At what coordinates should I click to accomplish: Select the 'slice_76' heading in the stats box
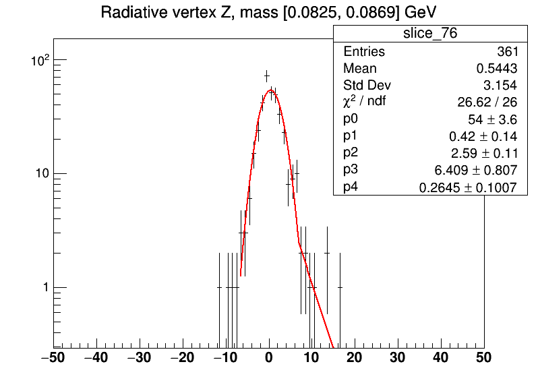(430, 33)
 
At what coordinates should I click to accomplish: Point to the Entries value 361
(508, 51)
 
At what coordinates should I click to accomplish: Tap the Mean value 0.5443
(496, 68)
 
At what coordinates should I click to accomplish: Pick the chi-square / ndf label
(364, 101)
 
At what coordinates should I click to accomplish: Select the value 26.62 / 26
(487, 102)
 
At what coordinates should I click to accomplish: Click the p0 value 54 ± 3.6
(492, 119)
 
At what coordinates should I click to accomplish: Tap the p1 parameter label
(351, 136)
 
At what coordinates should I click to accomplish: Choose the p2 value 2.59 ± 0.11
(484, 153)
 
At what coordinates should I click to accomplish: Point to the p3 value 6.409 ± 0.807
(475, 170)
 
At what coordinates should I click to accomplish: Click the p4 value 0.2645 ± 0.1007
(468, 187)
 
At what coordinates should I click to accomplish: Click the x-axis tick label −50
(53, 357)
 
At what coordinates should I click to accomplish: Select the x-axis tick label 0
(269, 357)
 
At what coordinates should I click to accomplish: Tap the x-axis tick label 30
(397, 357)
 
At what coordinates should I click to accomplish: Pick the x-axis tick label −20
(182, 357)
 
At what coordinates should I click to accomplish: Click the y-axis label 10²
(40, 60)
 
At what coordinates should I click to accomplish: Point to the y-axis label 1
(46, 287)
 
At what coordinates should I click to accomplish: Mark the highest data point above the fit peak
(266, 76)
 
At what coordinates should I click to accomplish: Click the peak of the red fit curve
(271, 90)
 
